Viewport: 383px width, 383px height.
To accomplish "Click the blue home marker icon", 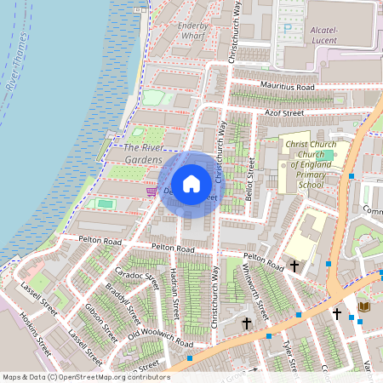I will (191, 184).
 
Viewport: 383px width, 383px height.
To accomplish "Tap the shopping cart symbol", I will (151, 191).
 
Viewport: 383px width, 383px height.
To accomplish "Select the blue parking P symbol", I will (288, 27).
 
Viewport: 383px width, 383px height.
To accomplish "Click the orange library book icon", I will (364, 306).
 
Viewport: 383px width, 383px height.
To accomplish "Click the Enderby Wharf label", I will (193, 31).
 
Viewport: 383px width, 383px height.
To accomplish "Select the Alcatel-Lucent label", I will (324, 35).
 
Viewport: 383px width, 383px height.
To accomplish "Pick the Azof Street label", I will (283, 111).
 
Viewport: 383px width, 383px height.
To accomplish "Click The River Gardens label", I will (136, 152).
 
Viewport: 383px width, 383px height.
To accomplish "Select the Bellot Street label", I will (250, 180).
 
